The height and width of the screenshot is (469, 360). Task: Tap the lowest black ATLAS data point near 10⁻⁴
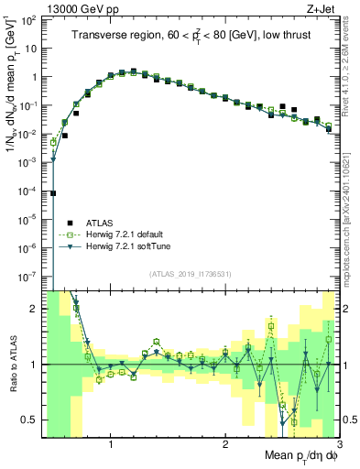point(53,193)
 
